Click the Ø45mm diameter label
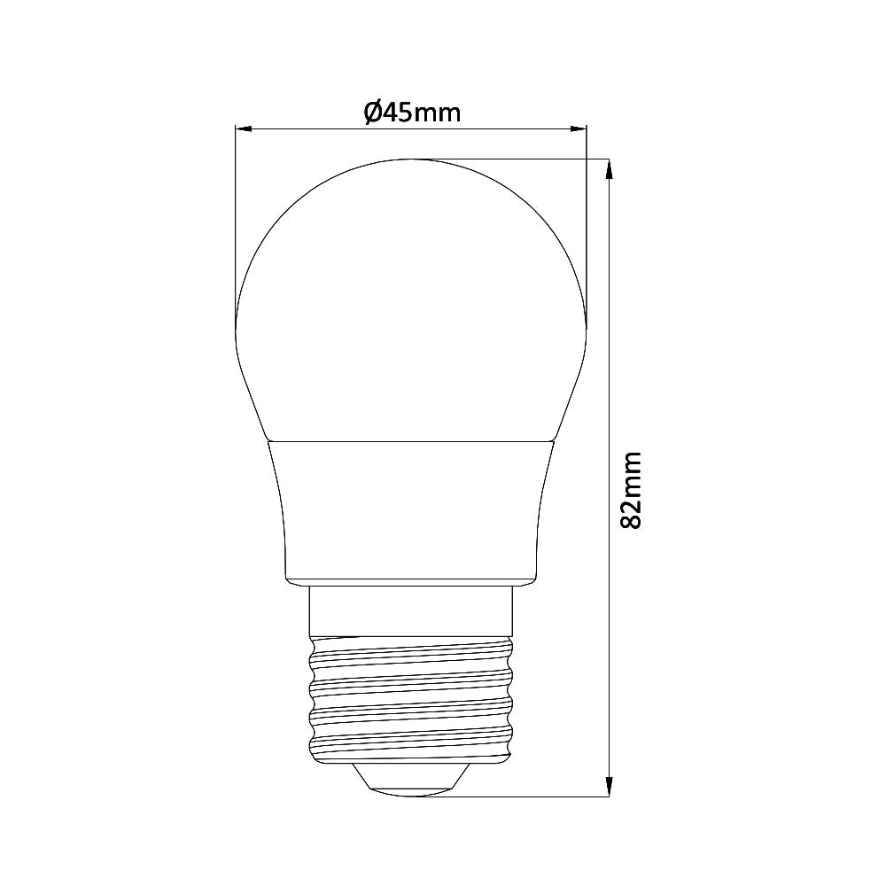tap(412, 113)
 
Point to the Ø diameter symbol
tap(372, 113)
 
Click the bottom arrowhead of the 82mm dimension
tap(609, 786)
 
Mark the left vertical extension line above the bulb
tap(235, 221)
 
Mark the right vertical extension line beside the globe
tap(587, 221)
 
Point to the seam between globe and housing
tap(411, 439)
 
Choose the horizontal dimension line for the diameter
tap(310, 130)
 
